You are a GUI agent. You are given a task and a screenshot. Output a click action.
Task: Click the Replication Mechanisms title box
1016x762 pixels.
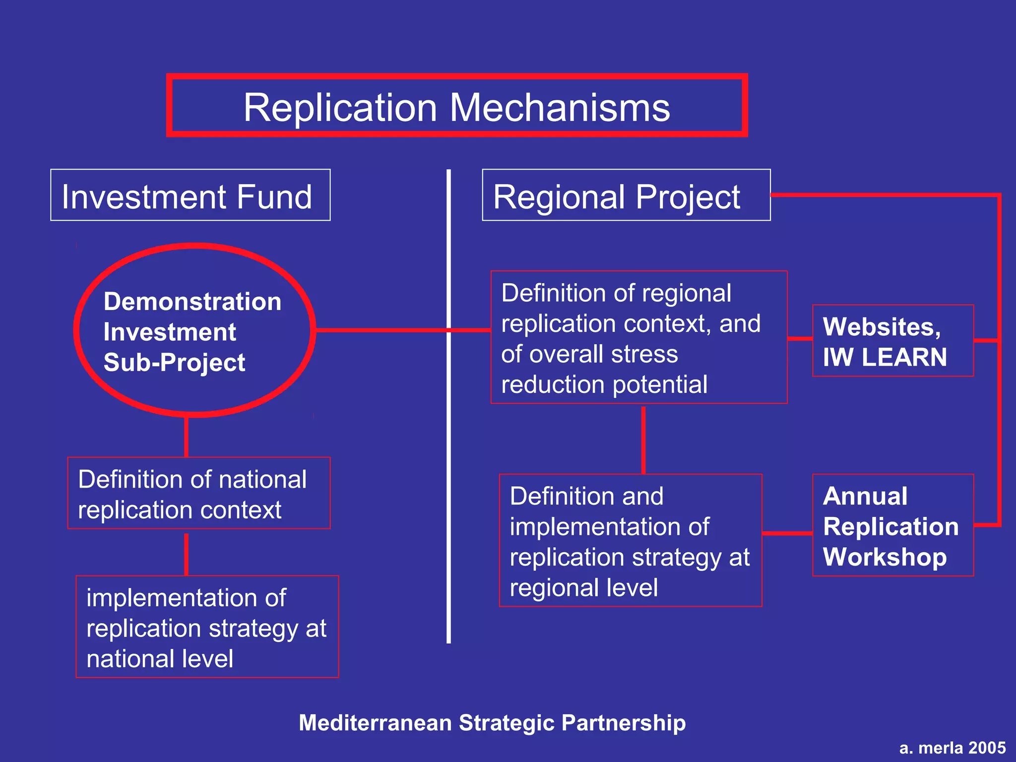456,106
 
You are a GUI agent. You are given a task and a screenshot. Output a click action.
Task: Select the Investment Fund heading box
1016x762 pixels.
190,195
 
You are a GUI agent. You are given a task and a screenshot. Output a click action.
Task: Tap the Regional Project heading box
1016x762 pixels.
626,195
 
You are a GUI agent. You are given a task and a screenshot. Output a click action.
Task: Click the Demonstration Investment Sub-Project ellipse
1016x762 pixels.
194,330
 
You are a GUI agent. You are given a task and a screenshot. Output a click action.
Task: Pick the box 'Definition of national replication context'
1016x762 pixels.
198,493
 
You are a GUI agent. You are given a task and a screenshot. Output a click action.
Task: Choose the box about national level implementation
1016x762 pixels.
207,627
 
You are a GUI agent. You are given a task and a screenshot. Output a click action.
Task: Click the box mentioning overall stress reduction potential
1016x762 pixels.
638,337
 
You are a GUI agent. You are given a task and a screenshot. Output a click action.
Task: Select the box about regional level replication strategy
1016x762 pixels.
630,540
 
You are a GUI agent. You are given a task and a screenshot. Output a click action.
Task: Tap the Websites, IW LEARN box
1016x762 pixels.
892,341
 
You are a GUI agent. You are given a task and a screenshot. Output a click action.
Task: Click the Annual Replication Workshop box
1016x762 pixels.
892,525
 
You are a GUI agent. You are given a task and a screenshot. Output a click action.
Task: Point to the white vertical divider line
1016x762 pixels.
448,496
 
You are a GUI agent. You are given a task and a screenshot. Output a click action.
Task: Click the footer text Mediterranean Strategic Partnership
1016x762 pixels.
492,723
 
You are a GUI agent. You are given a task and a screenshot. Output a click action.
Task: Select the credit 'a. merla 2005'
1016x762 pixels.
952,748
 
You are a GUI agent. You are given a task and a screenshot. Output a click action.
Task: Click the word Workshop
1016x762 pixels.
885,557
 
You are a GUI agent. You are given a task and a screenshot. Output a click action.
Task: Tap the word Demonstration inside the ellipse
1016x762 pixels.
192,302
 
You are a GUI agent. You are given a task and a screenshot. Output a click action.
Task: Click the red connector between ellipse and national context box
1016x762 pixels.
186,437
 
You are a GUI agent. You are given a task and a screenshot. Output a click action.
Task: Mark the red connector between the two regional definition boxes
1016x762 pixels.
643,439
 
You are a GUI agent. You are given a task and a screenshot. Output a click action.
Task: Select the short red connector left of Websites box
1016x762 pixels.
800,339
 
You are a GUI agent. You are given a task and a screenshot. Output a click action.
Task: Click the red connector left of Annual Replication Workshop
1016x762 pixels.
787,533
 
